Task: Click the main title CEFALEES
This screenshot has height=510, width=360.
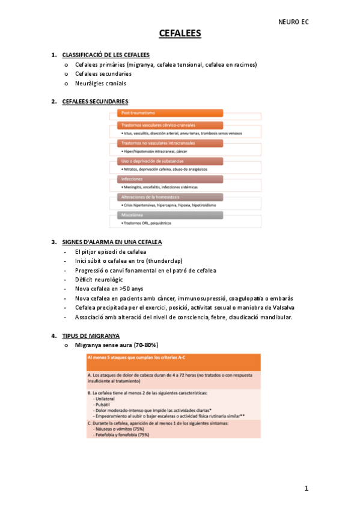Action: tap(180, 34)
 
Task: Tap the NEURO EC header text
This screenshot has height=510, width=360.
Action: tap(293, 22)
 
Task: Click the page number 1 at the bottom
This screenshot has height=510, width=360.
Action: tap(306, 488)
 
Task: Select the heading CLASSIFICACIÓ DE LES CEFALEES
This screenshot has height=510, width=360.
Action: tap(102, 55)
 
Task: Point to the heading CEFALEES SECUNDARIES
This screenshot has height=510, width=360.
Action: tap(95, 101)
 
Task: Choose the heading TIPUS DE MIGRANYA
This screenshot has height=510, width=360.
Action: tap(91, 335)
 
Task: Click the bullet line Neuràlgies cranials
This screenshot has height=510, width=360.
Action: tap(101, 83)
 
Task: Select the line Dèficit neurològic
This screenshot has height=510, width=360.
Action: tap(99, 280)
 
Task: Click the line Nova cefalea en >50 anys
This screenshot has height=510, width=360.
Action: tap(109, 289)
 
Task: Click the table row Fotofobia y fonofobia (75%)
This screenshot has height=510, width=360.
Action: tap(121, 434)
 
